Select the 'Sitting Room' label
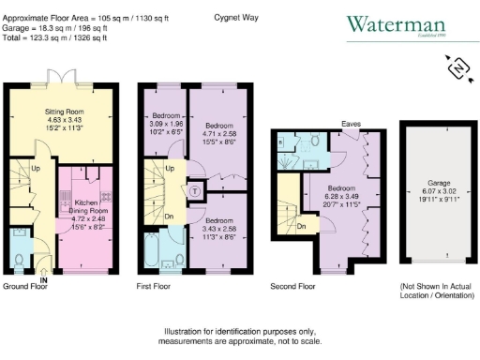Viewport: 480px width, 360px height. click(66, 112)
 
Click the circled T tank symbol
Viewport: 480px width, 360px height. click(195, 186)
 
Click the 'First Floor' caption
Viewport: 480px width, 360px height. click(157, 285)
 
